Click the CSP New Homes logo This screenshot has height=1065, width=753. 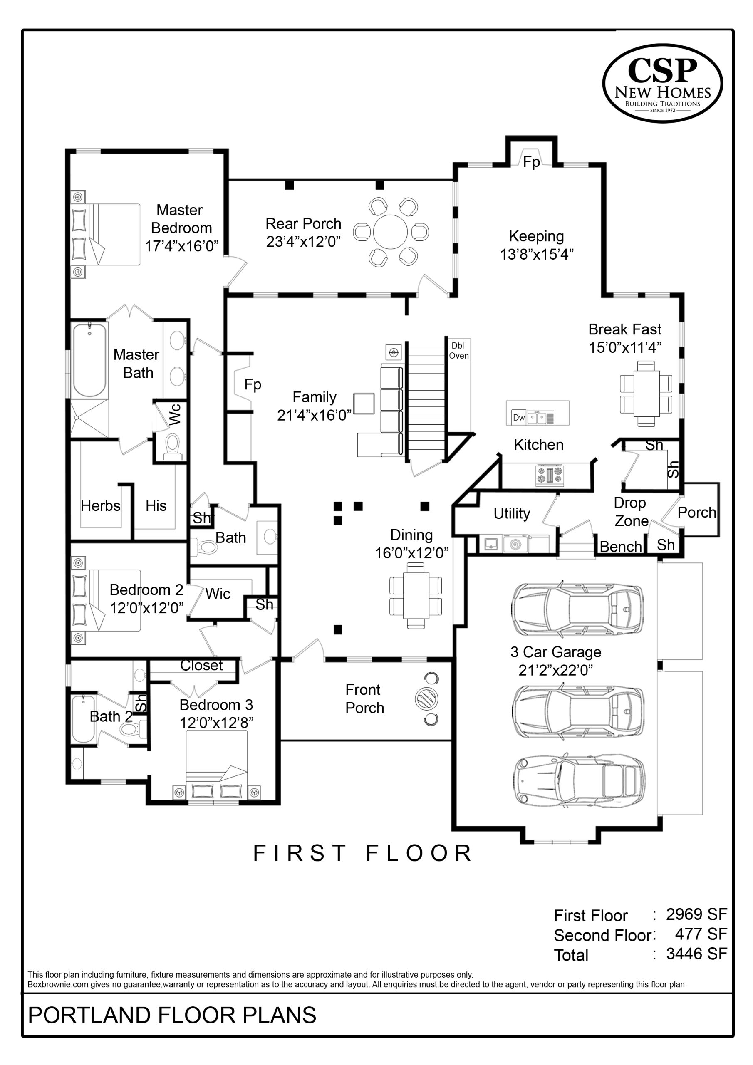click(x=663, y=84)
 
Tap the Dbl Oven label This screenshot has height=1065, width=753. click(x=458, y=351)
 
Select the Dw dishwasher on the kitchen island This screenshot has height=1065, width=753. click(x=519, y=417)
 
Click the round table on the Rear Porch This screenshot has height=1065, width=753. click(x=390, y=232)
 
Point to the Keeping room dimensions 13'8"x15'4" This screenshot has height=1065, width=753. click(x=537, y=254)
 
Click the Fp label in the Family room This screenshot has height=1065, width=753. click(x=253, y=384)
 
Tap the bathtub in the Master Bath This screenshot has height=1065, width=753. click(x=89, y=359)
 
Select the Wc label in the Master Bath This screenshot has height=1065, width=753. click(x=174, y=414)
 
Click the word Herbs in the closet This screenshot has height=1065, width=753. click(x=100, y=505)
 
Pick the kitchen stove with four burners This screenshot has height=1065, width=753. click(x=550, y=475)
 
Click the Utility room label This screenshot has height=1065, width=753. click(x=512, y=513)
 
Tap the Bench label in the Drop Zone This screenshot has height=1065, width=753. click(x=621, y=547)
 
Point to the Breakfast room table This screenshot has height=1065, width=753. click(x=646, y=395)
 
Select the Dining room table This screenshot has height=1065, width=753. click(x=415, y=596)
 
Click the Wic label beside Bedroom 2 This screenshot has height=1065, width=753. click(x=218, y=594)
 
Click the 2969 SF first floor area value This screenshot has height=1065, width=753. click(x=696, y=914)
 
